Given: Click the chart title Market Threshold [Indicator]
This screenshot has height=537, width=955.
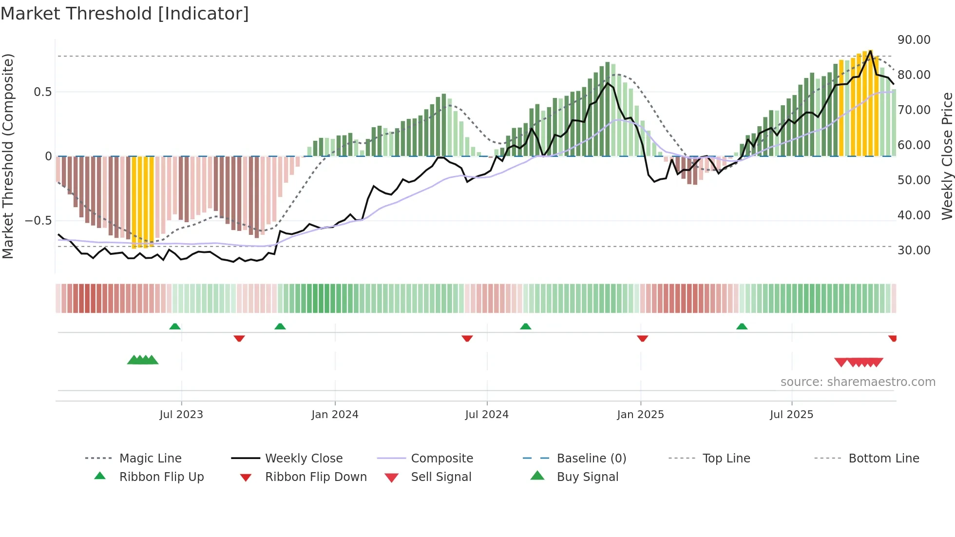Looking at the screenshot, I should tap(125, 14).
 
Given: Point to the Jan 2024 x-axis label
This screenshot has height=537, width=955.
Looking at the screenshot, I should tap(335, 415).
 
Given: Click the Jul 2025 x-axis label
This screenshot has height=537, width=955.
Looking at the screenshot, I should tap(791, 415).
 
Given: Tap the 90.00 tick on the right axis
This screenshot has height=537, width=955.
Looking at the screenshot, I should tap(914, 40).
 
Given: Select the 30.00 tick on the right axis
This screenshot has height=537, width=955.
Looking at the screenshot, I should tap(914, 250).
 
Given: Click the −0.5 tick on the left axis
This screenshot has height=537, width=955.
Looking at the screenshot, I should tap(38, 221).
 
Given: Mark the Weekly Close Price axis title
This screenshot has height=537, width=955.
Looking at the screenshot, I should tap(947, 156).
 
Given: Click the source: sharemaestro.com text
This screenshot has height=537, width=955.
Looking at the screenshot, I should tap(858, 382).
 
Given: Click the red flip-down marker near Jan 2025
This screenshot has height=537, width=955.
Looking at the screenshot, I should tap(642, 338).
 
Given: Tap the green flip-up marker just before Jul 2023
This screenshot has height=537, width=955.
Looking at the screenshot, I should tap(175, 326).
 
